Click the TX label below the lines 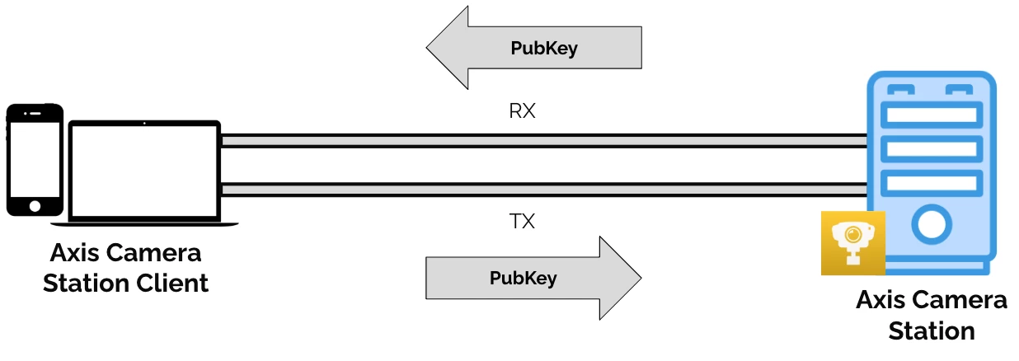coord(522,222)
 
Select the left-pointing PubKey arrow coord(533,48)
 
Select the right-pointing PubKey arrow coord(533,279)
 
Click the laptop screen coord(145,170)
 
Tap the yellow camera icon coord(852,242)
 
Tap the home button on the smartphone coord(35,205)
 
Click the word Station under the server coord(931,331)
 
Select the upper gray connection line coord(544,141)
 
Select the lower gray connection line coord(544,190)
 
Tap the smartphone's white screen coord(35,157)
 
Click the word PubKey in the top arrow coord(544,49)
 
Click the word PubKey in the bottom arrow coord(523,279)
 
